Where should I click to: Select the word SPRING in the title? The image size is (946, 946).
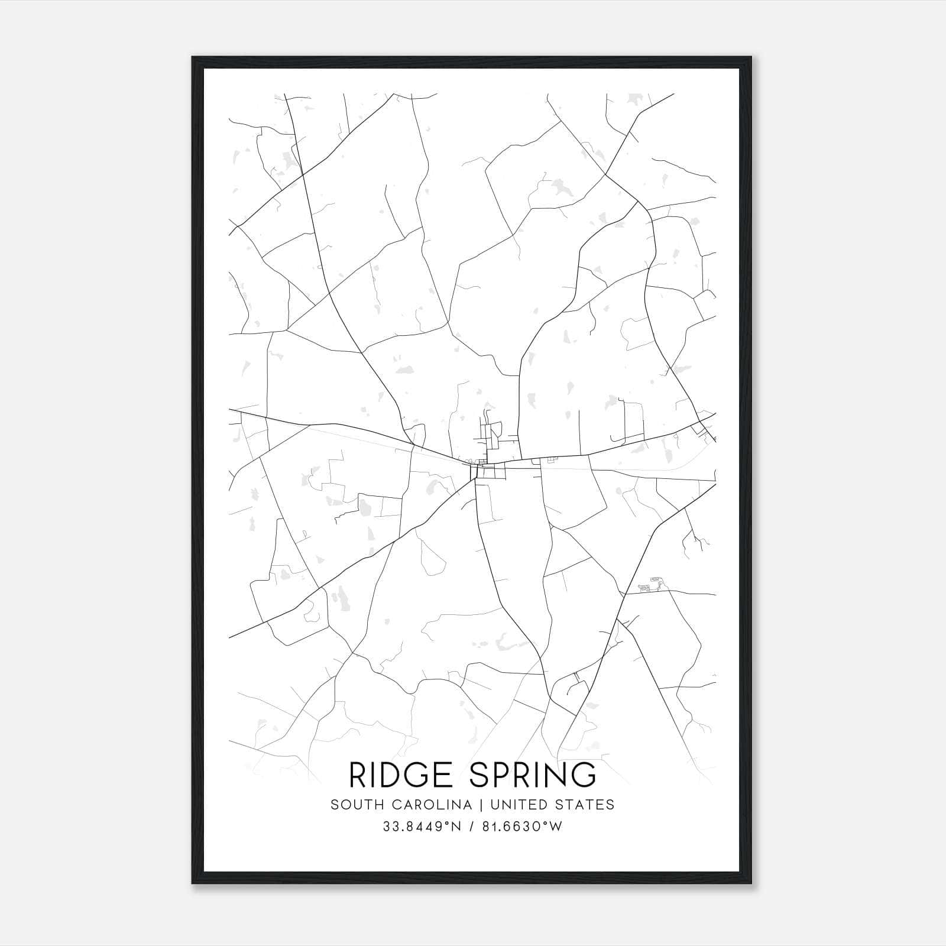point(534,775)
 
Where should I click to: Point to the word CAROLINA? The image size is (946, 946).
point(427,805)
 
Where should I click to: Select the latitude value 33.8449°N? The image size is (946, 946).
point(422,827)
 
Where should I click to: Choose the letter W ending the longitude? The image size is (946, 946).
point(556,827)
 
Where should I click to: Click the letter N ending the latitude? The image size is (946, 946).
point(456,827)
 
